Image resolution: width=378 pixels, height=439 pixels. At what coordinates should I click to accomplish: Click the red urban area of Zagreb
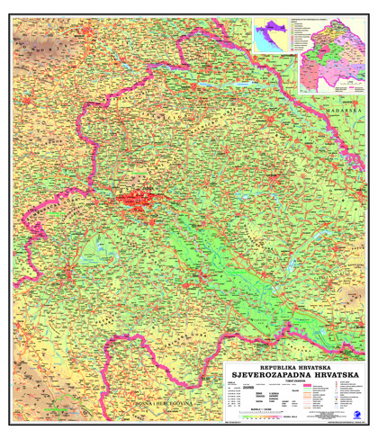tap(135, 199)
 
